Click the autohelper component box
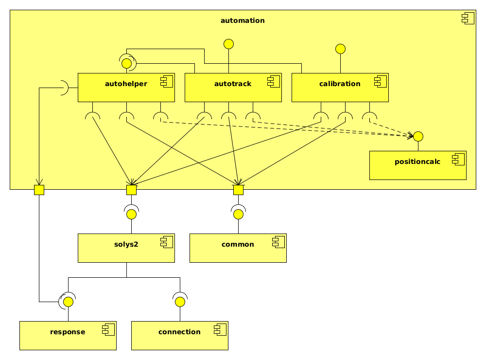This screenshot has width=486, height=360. point(126,88)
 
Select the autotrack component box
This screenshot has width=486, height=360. point(233,88)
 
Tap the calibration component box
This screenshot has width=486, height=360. point(340,88)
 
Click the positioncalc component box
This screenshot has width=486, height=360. point(418,165)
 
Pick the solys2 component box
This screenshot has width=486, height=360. point(126,248)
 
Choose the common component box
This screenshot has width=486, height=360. point(238,248)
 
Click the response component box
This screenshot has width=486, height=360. point(68,336)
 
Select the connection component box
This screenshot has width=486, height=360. point(180,336)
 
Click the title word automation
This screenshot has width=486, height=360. point(243,20)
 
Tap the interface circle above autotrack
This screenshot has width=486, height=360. point(228,44)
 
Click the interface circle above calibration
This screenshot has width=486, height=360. point(340,49)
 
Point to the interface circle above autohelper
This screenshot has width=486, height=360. point(126,63)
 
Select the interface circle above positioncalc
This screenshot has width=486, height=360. point(418,136)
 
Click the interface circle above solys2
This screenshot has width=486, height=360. point(131,214)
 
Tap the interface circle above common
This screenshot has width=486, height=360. point(238,214)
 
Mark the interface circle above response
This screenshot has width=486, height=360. point(68,302)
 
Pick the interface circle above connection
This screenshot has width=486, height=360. point(180,302)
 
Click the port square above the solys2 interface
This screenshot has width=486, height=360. point(131,190)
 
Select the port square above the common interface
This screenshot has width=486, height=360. point(238,190)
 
